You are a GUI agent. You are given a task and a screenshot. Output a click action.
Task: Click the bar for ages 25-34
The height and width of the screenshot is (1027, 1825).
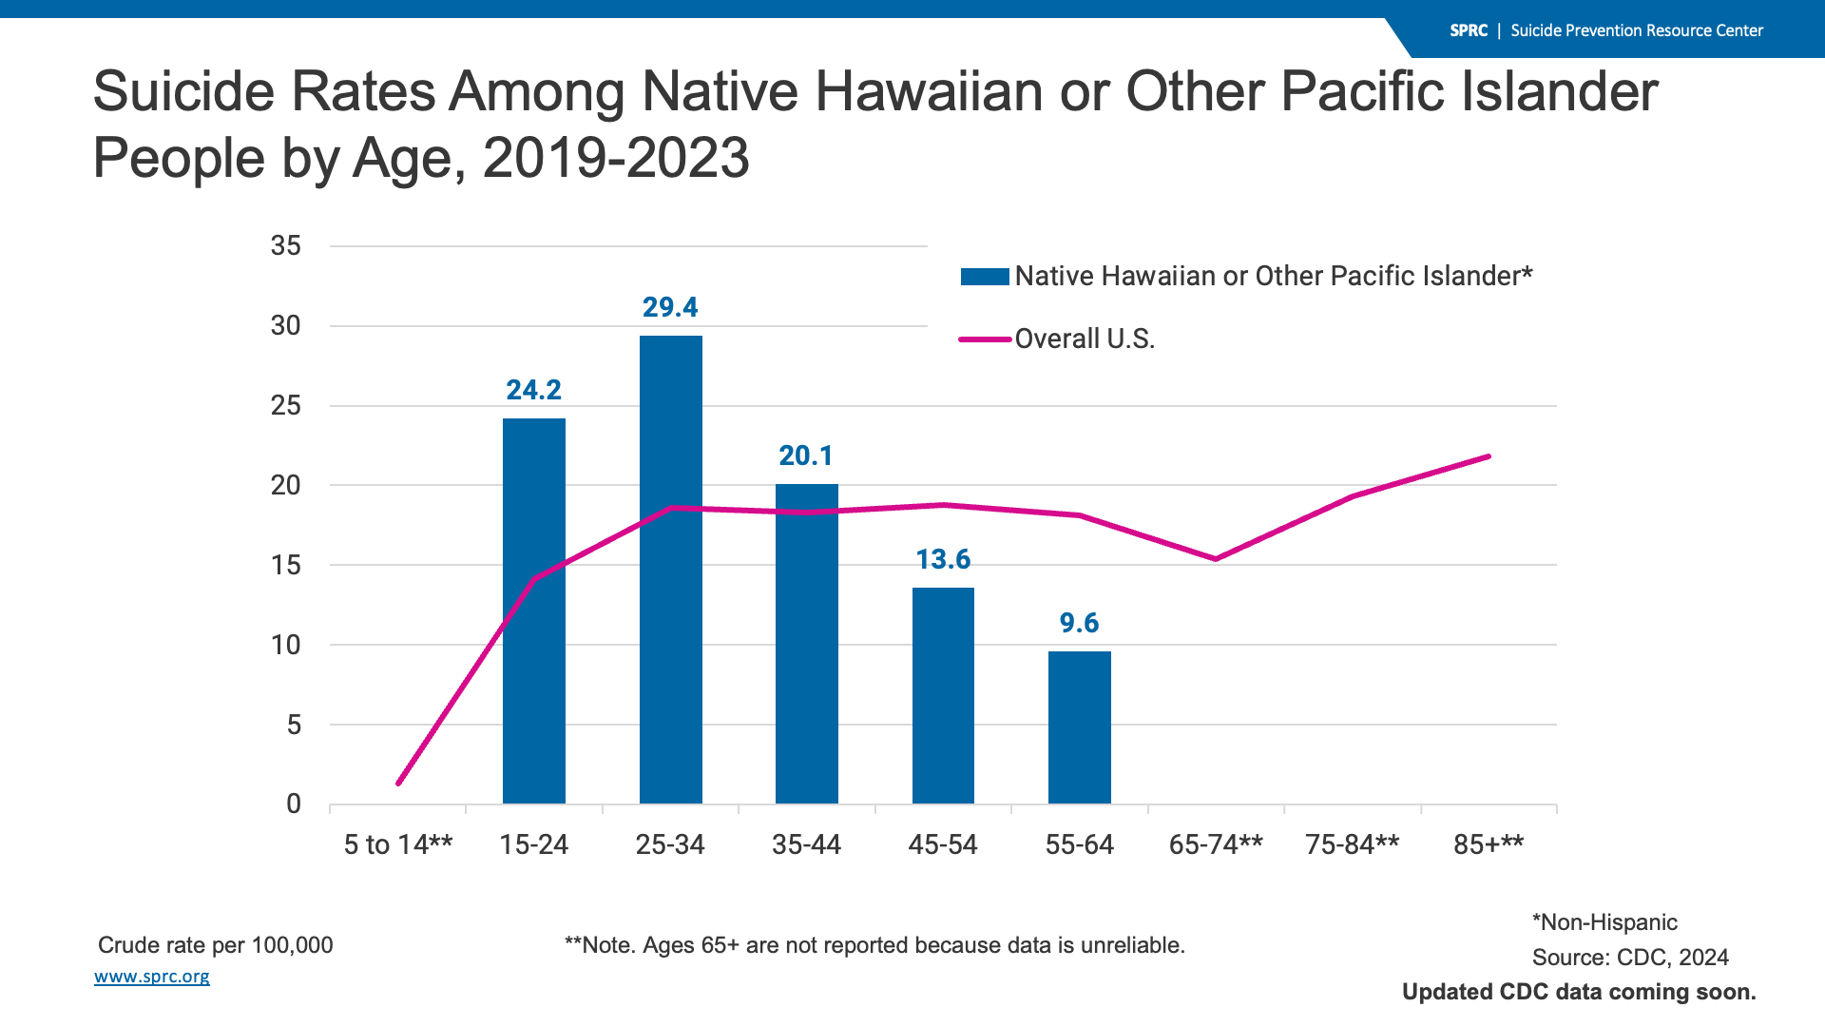coord(670,571)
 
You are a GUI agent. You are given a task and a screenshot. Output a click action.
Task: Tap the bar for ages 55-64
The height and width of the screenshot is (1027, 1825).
coord(1079,727)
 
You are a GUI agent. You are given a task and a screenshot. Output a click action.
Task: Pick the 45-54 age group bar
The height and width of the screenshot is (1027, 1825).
coord(943,695)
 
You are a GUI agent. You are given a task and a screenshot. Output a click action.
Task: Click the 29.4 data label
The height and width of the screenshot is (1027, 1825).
coord(670,307)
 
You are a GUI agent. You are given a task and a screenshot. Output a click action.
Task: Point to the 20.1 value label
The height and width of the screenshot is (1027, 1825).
coord(806,455)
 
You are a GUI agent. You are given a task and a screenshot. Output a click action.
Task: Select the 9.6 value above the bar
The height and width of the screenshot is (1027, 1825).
coord(1079,623)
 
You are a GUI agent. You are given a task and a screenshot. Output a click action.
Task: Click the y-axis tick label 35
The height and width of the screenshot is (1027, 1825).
coord(285,246)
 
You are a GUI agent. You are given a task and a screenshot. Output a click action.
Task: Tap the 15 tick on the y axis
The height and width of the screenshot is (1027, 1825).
coord(285,566)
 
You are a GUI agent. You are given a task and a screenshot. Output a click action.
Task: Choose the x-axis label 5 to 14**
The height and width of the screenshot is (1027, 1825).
coord(398,844)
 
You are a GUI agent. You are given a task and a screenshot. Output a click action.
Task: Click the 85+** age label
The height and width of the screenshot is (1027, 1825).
coord(1489,844)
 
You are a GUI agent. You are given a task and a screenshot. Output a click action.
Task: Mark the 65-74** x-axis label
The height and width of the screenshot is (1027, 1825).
coord(1216,844)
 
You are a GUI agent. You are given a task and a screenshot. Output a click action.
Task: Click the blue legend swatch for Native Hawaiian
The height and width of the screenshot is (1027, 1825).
coord(985,277)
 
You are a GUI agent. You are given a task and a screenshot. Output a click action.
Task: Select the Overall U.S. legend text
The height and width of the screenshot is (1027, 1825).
coord(1085,339)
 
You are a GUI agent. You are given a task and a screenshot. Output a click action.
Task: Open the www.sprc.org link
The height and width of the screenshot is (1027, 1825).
coord(152,977)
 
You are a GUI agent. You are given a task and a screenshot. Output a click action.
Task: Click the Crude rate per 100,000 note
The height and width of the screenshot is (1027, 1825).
coord(216,945)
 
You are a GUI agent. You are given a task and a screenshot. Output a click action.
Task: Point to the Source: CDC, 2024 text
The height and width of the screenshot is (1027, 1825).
coord(1630,958)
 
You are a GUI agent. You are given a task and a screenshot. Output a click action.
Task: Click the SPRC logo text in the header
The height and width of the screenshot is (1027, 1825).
coord(1469,30)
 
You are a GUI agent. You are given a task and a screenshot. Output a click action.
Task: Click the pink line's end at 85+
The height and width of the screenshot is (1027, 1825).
coord(1489,456)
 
